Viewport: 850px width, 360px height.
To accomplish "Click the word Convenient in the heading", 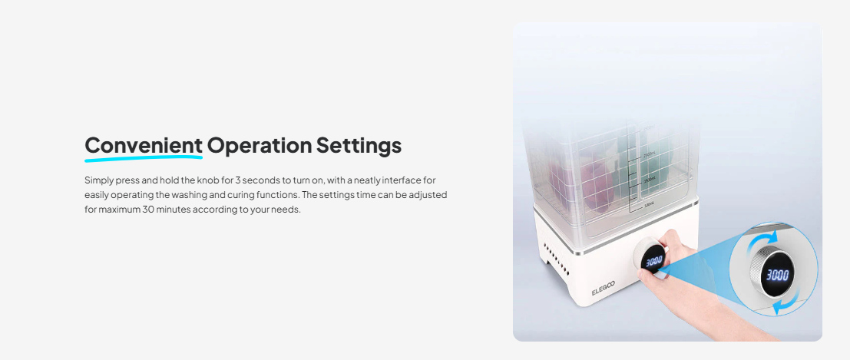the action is pos(144,145).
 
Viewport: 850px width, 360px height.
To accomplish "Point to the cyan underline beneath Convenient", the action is pos(144,158).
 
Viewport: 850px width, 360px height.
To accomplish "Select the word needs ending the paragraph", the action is pos(286,210).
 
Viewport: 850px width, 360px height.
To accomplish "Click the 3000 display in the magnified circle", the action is pos(776,275).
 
